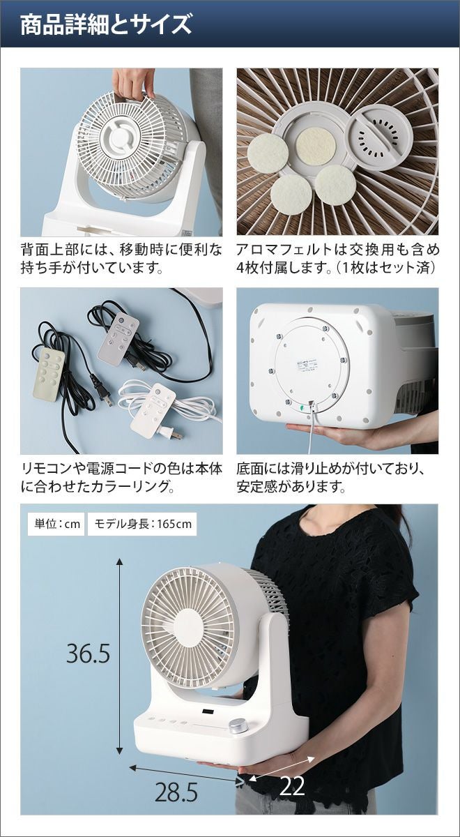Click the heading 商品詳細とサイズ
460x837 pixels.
click(x=106, y=24)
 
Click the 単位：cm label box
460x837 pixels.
click(x=56, y=524)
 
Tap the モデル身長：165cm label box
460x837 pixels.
click(x=142, y=524)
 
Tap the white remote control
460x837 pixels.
click(x=153, y=410)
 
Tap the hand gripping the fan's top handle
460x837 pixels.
click(x=132, y=84)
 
